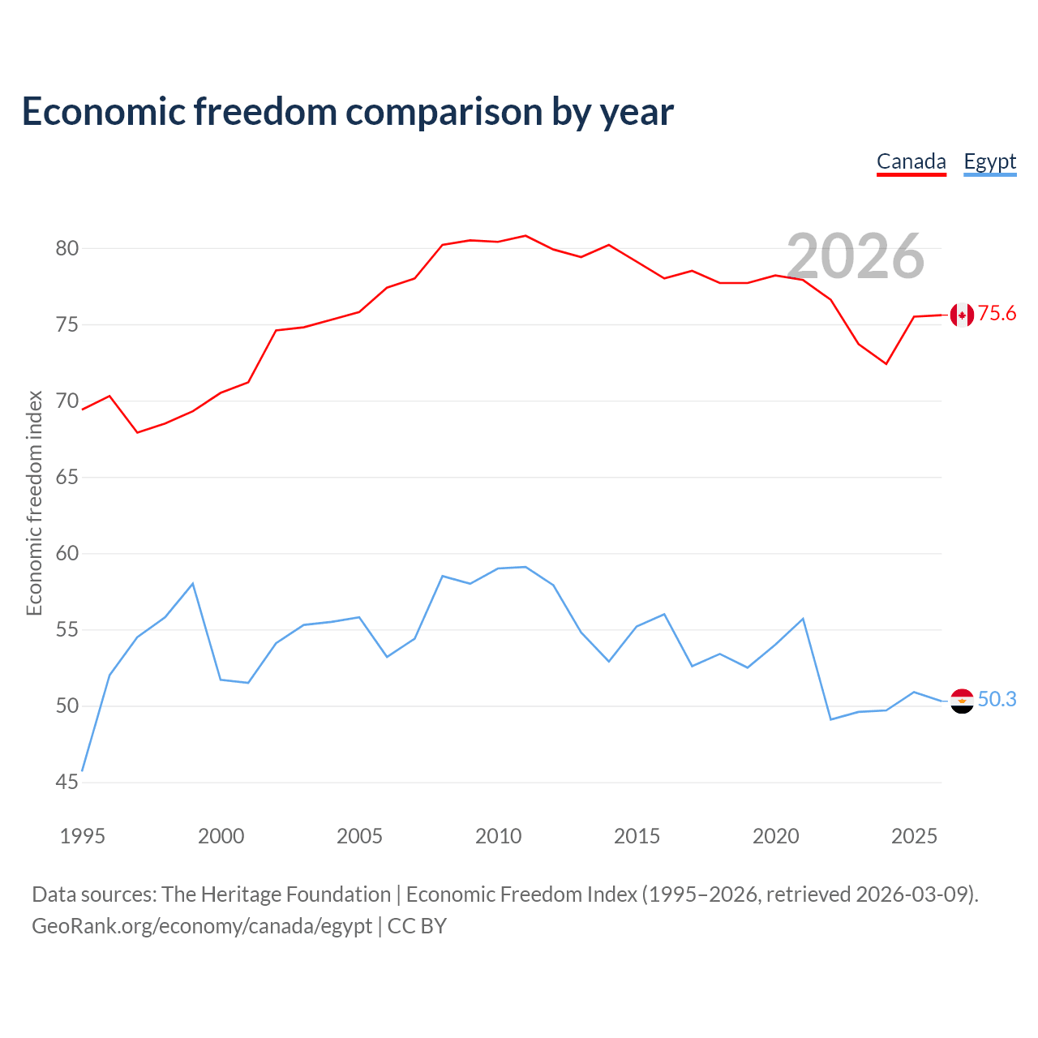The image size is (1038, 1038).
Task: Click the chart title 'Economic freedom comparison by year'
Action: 347,112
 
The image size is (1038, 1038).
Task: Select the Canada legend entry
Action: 911,162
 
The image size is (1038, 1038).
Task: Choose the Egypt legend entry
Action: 989,162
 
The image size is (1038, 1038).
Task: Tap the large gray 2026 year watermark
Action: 856,256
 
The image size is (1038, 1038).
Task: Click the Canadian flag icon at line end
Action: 962,315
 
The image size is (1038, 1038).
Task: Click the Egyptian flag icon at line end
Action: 962,701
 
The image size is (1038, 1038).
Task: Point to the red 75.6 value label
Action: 997,313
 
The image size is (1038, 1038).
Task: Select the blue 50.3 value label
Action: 997,699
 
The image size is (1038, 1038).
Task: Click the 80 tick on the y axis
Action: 67,248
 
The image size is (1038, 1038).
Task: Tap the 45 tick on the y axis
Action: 67,782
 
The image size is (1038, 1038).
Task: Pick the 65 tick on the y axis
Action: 67,477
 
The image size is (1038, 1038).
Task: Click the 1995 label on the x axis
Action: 83,836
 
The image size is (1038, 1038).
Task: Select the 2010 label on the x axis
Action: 498,836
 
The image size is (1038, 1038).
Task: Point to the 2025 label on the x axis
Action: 914,836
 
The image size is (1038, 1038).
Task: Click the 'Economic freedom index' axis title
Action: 35,503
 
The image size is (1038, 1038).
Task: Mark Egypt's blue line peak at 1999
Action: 193,584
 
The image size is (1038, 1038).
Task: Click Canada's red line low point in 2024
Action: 886,364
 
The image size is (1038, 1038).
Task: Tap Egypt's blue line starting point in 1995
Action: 82,771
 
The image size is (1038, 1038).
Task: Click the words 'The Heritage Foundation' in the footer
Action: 277,894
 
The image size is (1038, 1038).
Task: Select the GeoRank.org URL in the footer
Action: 202,927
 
